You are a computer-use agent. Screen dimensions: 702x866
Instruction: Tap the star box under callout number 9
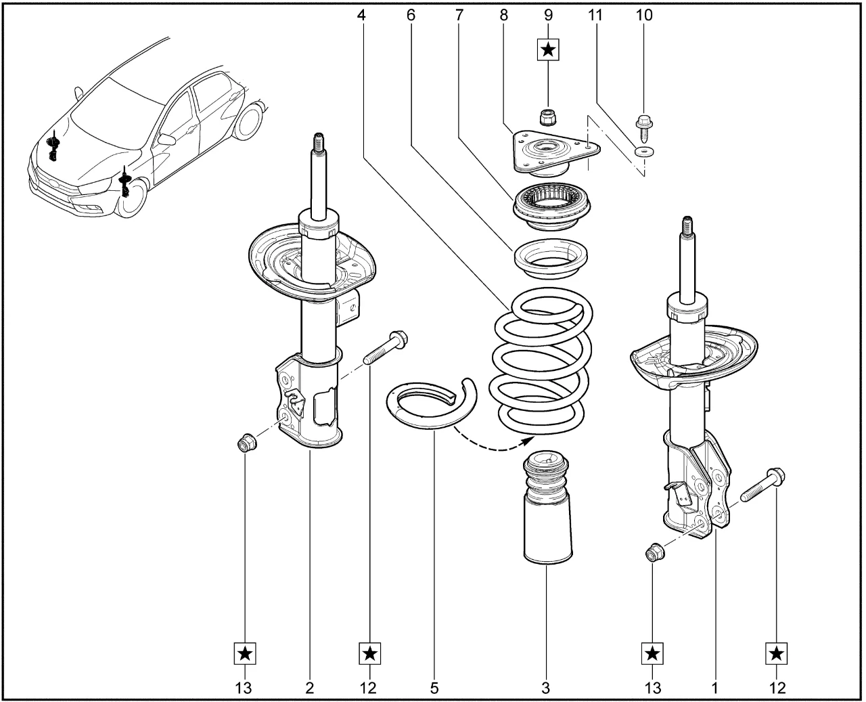coord(548,49)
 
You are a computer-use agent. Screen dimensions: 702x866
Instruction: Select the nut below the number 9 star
coord(547,118)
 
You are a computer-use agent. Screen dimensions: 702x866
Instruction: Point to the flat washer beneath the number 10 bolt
coord(644,151)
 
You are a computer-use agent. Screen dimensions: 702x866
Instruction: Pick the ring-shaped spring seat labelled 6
coord(551,258)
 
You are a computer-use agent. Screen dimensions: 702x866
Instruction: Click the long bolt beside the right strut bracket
coord(762,485)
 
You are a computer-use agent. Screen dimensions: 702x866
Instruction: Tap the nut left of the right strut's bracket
coord(654,554)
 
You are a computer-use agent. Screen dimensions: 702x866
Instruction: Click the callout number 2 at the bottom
coord(310,688)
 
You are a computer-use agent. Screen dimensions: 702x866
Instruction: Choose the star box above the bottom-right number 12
coord(777,654)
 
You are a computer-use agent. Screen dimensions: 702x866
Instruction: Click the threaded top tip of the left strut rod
coord(316,143)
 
